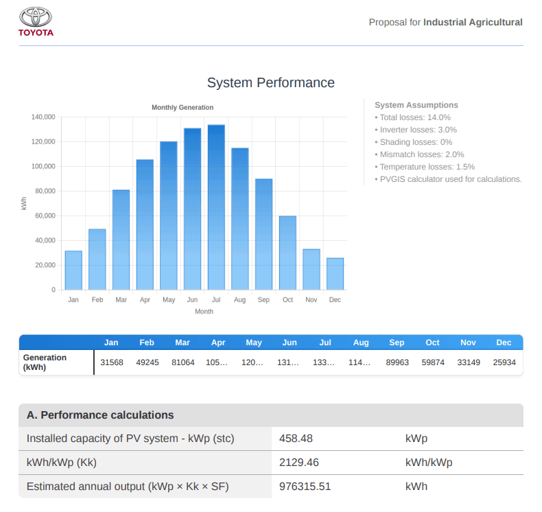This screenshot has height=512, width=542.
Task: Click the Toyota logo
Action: point(36,21)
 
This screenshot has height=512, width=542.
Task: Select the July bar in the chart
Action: point(216,206)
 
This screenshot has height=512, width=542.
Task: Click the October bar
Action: point(287,252)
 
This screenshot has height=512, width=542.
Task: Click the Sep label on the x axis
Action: point(263,300)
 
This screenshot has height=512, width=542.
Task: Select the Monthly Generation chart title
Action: point(182,107)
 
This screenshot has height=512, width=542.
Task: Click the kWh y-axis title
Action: point(25,203)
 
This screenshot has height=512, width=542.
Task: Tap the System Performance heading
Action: point(271,82)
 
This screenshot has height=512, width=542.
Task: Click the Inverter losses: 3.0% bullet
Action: point(416,130)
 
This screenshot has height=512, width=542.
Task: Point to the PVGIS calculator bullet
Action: point(449,179)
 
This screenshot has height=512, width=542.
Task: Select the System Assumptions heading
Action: point(416,105)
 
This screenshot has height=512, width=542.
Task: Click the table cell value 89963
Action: point(397,362)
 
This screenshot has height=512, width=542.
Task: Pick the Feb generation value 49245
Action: point(147,362)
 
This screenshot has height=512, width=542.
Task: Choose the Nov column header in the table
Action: point(468,342)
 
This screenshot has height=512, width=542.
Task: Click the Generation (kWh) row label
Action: point(45,362)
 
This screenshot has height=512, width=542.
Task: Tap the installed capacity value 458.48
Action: point(296,439)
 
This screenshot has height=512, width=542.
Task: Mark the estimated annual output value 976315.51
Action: point(305,487)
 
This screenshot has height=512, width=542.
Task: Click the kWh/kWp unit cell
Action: point(429,463)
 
